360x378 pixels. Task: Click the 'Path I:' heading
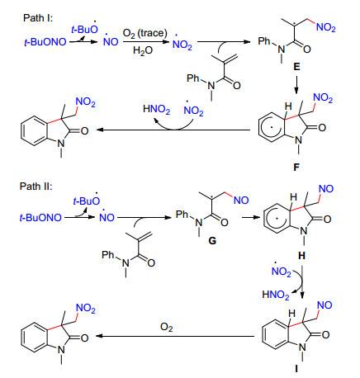point(38,18)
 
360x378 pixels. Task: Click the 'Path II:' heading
point(36,187)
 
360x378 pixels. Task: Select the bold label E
point(296,67)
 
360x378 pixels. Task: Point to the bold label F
point(296,167)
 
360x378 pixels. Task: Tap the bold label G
point(212,241)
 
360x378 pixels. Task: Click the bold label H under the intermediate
point(301,256)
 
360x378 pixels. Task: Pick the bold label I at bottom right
point(296,368)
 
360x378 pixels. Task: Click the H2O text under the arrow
point(143,50)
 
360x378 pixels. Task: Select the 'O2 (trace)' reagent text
point(144,33)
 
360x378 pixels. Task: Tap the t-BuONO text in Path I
point(45,42)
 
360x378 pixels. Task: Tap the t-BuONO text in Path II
point(40,218)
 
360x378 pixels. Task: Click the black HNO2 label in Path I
point(156,109)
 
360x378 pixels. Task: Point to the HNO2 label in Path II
point(276,295)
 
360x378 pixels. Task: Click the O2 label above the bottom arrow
point(167,328)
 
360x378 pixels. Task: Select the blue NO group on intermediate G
point(241,201)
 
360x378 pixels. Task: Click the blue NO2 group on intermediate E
point(326,28)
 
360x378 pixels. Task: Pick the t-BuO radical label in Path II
point(87,200)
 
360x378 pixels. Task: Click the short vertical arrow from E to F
point(296,84)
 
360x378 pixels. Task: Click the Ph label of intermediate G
point(182,214)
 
